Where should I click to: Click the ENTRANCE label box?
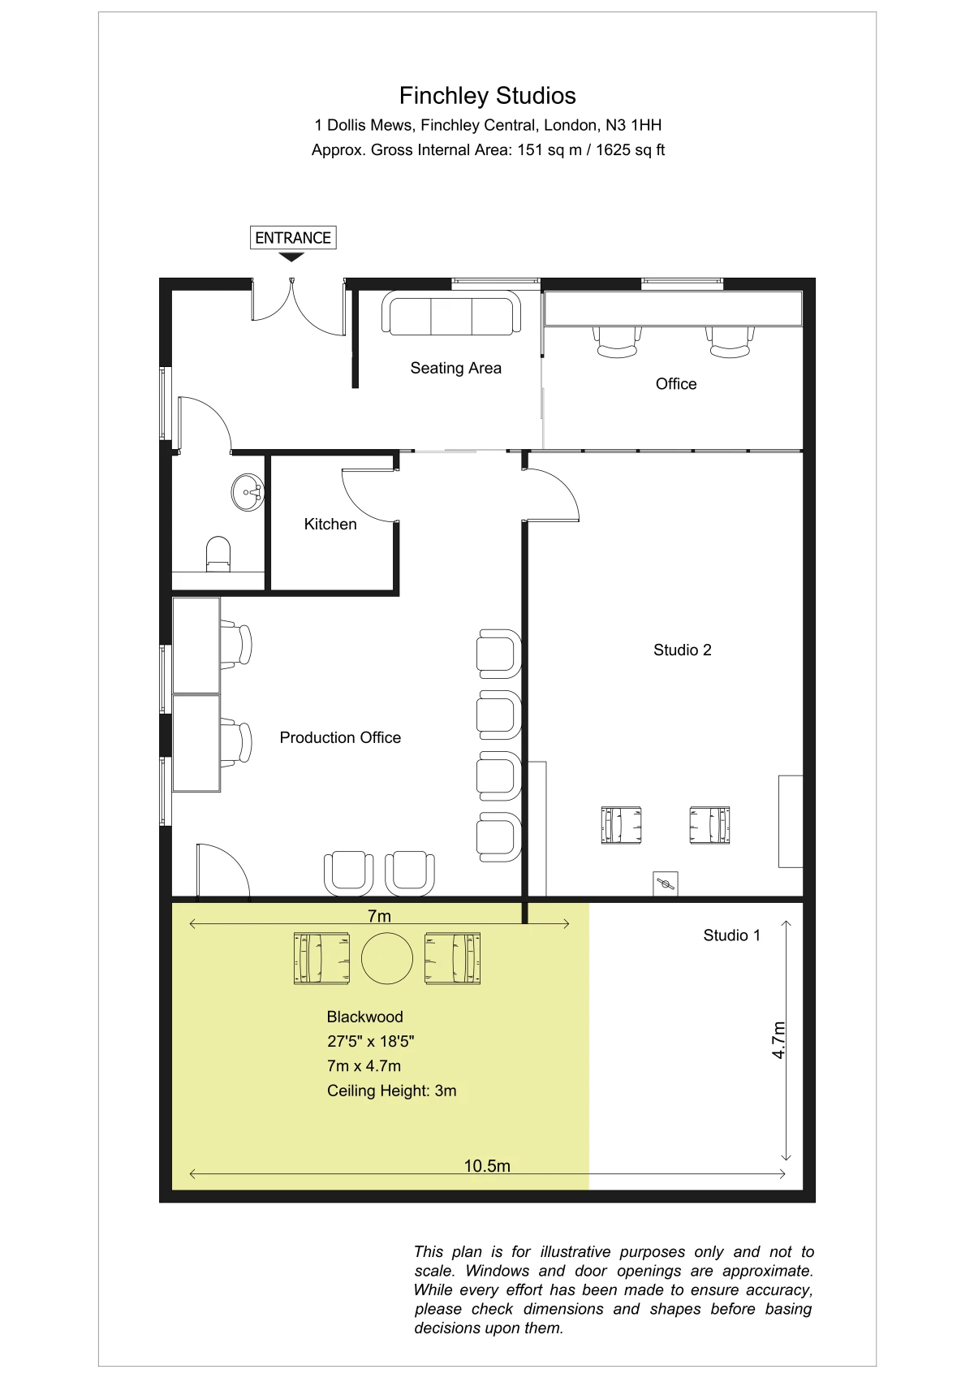(x=293, y=237)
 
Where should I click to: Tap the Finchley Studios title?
(x=488, y=96)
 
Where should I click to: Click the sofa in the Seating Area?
(x=451, y=313)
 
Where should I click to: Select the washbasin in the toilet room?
(x=248, y=492)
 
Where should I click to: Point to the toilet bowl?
(x=218, y=553)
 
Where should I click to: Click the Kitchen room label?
(x=330, y=524)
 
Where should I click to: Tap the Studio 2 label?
(x=682, y=650)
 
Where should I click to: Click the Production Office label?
(x=340, y=737)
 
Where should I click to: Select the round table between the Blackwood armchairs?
(x=387, y=958)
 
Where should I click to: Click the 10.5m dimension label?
(x=487, y=1166)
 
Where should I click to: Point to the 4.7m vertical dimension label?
(x=778, y=1040)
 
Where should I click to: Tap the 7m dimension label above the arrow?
(x=379, y=916)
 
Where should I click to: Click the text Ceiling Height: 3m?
(x=392, y=1091)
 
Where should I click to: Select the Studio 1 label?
(x=732, y=935)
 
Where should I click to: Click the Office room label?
(x=676, y=384)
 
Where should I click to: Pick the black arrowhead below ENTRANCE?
(x=291, y=257)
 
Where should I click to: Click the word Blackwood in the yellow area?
(x=364, y=1017)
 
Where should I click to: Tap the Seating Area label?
(x=455, y=368)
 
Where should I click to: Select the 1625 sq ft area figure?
(x=631, y=150)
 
